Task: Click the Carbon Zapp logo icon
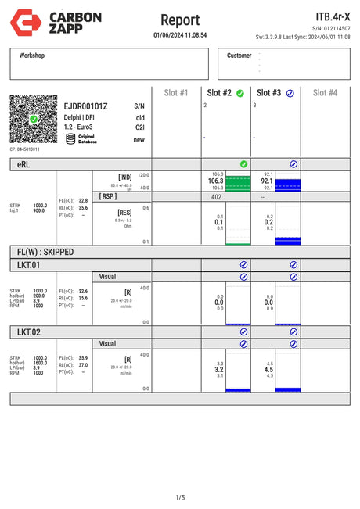21,21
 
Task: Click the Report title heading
180,20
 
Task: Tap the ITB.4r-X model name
333,16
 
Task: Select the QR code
34,120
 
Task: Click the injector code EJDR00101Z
86,106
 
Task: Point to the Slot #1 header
176,92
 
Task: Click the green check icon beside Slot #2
239,93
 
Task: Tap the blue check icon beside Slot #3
290,93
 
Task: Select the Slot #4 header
325,92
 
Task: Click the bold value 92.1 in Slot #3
266,181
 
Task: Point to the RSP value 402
216,197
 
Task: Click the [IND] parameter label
124,177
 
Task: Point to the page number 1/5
180,497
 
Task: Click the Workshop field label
32,56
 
